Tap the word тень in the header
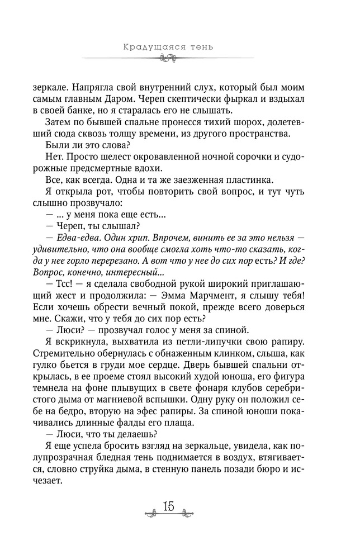[x=200, y=46]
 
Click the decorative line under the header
[x=167, y=58]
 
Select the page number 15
[x=168, y=506]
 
